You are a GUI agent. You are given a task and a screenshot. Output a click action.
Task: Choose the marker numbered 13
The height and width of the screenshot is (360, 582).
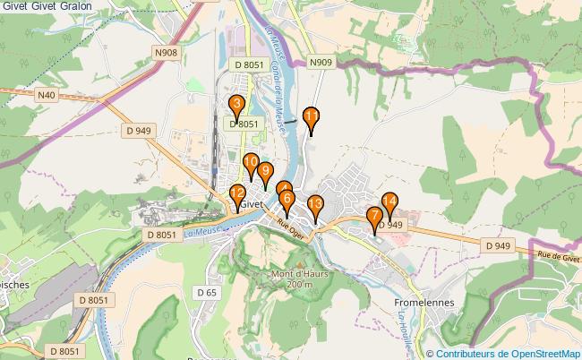click(315, 206)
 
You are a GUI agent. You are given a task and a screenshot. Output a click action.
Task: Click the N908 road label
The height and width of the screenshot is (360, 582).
click(166, 54)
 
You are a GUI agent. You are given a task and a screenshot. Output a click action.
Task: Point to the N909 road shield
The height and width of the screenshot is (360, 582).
click(321, 63)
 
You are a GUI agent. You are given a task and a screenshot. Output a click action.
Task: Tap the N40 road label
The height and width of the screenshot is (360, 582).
click(47, 94)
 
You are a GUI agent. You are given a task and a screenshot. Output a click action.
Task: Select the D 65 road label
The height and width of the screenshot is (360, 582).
click(206, 292)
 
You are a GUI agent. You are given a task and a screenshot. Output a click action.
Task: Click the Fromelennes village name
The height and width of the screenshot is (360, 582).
click(424, 303)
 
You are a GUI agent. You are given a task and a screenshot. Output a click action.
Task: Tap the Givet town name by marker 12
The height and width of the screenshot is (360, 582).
click(253, 204)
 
